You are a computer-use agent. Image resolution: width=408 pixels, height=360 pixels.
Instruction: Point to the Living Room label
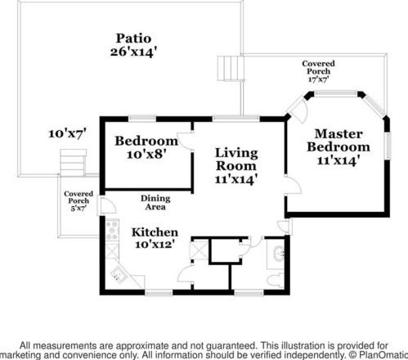point(236,160)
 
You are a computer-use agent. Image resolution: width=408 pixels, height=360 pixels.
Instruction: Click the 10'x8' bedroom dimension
point(146,154)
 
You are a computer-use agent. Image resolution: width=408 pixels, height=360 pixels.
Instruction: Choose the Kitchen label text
point(155,232)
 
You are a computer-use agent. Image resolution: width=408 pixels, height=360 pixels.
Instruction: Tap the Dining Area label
point(155,203)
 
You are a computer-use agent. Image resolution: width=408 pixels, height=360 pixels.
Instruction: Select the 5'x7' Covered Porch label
point(78,201)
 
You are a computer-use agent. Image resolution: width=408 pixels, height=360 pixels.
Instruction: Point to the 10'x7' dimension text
point(67,131)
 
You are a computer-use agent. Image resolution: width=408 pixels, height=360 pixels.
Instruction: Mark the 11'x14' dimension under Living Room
point(236,179)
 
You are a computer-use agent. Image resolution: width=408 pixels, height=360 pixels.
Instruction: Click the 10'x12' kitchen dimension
point(155,245)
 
